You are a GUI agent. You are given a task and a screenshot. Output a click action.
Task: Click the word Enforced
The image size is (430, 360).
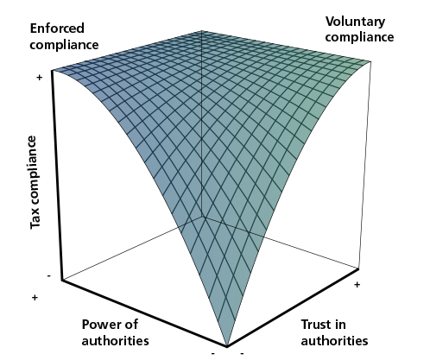pos(57,28)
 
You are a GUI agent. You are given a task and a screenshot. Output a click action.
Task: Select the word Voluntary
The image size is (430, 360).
pos(355,22)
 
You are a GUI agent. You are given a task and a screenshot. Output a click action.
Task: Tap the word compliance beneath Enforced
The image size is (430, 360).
pos(64,45)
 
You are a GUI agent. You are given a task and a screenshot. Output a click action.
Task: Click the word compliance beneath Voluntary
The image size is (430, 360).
pos(359,37)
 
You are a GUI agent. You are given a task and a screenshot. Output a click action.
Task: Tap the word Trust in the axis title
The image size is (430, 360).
pos(315,325)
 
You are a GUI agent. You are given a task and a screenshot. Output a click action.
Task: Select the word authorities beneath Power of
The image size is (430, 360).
pos(116,341)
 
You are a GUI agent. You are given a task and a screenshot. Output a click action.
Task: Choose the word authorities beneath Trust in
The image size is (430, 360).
pos(334,341)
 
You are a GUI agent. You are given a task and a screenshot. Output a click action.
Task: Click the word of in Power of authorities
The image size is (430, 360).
pos(131,325)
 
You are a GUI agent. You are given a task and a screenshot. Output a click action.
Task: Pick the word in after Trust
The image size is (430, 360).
pos(339,325)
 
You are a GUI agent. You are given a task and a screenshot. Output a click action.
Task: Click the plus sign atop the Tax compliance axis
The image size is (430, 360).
pos(40,77)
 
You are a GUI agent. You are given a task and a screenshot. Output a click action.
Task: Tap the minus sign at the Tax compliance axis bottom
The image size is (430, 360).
pos(49,276)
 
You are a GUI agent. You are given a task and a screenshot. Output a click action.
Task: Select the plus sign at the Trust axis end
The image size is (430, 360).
pos(357,285)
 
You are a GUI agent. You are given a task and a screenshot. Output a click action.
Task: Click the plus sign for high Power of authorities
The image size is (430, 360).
pos(35,297)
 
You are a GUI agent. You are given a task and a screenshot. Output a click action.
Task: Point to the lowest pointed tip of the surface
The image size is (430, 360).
pos(227,346)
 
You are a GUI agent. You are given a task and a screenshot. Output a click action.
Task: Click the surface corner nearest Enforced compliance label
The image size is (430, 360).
pos(52,70)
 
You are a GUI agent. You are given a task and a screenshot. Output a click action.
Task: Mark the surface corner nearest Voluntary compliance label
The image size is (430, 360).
pos(370,61)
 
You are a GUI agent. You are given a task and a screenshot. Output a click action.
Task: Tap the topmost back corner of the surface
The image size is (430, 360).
pos(201,30)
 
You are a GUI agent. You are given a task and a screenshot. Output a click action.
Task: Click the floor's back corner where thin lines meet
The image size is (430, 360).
pos(202,217)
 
